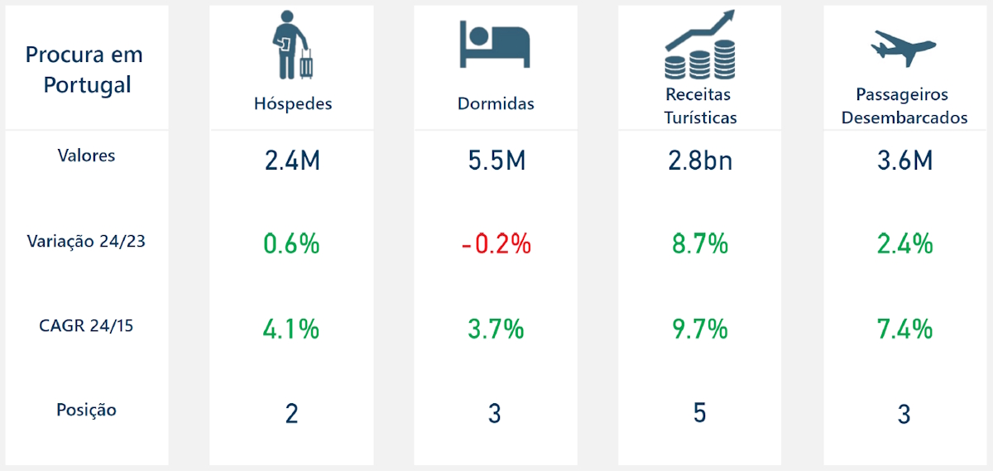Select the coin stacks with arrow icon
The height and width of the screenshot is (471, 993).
click(700, 46)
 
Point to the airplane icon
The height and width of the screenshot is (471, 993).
click(903, 48)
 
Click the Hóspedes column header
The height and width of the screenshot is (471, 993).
click(293, 103)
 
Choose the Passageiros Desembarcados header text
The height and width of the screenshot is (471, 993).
click(904, 106)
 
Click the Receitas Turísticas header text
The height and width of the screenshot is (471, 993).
click(700, 106)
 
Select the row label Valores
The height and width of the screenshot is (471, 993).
click(86, 155)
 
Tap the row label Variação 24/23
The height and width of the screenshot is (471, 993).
click(86, 241)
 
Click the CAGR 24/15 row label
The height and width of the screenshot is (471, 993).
click(86, 325)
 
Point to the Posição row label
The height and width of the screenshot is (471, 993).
click(86, 410)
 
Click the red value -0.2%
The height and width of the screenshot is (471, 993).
click(495, 244)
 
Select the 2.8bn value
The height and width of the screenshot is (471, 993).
click(700, 160)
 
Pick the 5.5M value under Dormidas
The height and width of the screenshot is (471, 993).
click(495, 160)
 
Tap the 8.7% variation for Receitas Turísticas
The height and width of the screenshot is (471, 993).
click(700, 244)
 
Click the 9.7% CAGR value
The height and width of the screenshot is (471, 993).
click(700, 329)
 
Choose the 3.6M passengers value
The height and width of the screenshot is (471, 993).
click(904, 160)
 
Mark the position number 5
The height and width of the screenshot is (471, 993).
click(700, 412)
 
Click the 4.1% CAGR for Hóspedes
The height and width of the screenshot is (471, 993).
click(292, 329)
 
